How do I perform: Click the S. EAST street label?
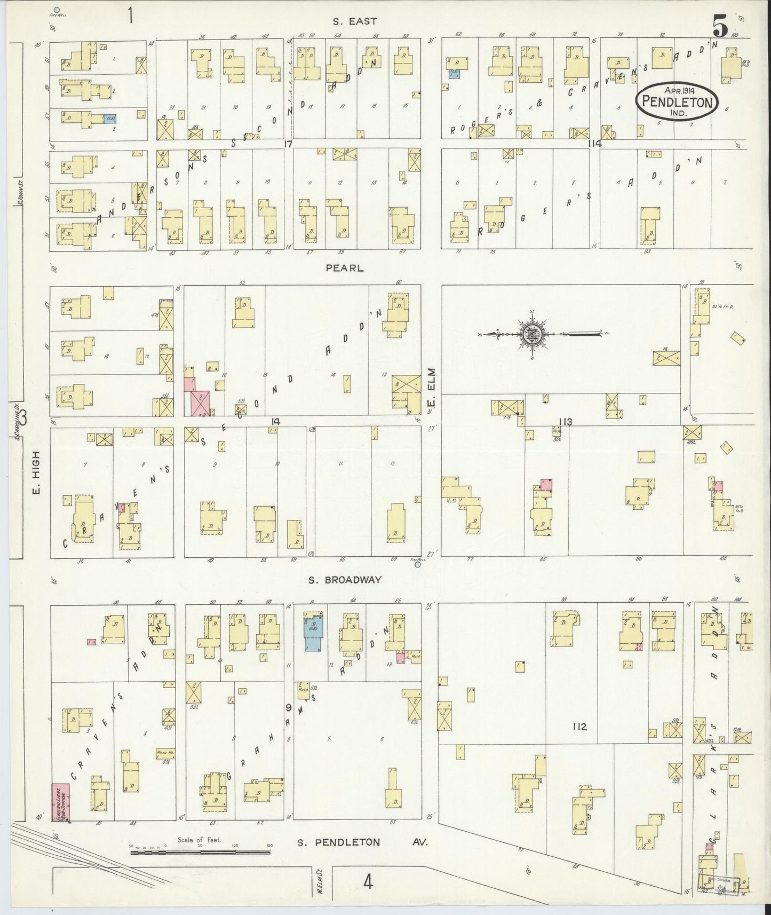(355, 22)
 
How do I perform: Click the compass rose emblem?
(534, 334)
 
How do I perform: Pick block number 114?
(594, 144)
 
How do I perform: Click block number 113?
(565, 422)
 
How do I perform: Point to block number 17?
(288, 144)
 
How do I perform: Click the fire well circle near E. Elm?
(418, 564)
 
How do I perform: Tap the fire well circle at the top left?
(57, 9)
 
